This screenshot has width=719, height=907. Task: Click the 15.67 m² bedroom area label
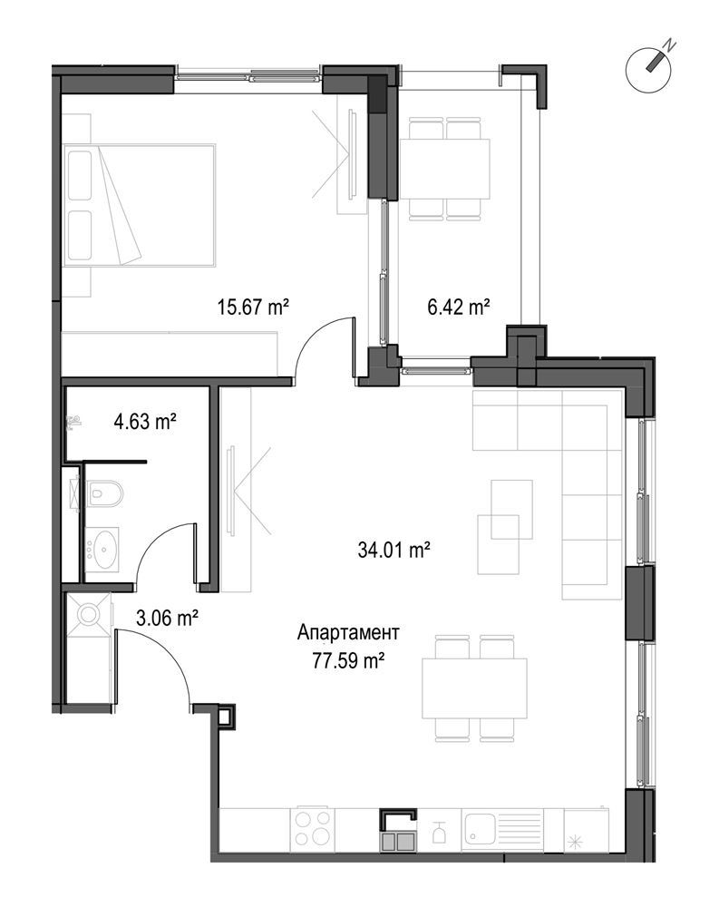coord(253,307)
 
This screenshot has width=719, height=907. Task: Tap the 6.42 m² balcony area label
coord(459,307)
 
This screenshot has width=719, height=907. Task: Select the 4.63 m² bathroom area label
coord(144,422)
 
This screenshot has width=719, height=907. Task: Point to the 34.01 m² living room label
coord(394,550)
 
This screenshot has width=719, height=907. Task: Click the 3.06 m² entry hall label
coord(167,619)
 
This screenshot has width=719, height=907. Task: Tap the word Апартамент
coord(348,633)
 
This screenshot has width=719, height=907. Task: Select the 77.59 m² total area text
coord(349,660)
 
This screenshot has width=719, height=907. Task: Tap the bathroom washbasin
coord(102,550)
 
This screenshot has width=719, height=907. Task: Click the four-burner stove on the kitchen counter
coord(313,828)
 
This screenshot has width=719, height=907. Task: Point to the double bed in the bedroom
coord(139,205)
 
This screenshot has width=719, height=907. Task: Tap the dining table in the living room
coord(474,688)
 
